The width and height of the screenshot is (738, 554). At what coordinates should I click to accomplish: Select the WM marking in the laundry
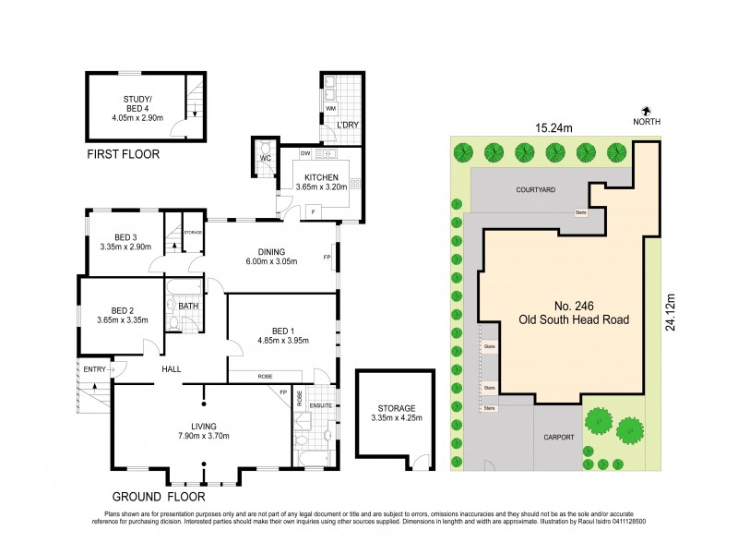330,110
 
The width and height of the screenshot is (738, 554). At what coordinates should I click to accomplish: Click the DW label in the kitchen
304,153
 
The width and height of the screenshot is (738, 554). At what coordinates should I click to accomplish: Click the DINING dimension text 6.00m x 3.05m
271,263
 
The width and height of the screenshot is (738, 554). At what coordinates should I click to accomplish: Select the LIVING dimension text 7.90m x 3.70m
203,436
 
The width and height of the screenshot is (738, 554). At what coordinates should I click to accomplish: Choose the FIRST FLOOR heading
123,154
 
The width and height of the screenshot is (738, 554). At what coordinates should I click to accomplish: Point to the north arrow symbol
646,110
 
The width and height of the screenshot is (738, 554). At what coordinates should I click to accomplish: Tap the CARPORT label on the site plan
559,437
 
